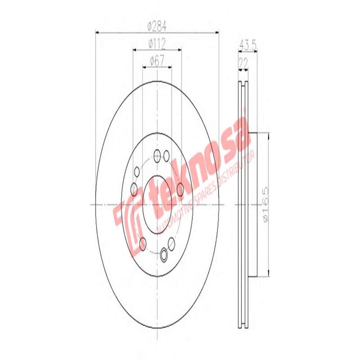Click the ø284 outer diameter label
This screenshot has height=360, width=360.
pyautogui.click(x=157, y=26)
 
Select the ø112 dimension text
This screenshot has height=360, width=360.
pyautogui.click(x=157, y=43)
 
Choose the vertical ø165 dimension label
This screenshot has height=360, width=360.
pyautogui.click(x=265, y=204)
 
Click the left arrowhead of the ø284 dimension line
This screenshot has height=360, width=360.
pyautogui.click(x=99, y=32)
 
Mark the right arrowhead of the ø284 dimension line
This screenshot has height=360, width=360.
pyautogui.click(x=216, y=32)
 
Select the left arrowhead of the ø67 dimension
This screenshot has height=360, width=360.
pyautogui.click(x=145, y=67)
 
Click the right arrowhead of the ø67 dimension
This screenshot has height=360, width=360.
pyautogui.click(x=169, y=67)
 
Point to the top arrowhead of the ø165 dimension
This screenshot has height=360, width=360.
pyautogui.click(x=268, y=135)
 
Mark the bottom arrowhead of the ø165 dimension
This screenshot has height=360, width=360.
pyautogui.click(x=268, y=274)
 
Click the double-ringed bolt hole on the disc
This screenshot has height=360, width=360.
pyautogui.click(x=164, y=255)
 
